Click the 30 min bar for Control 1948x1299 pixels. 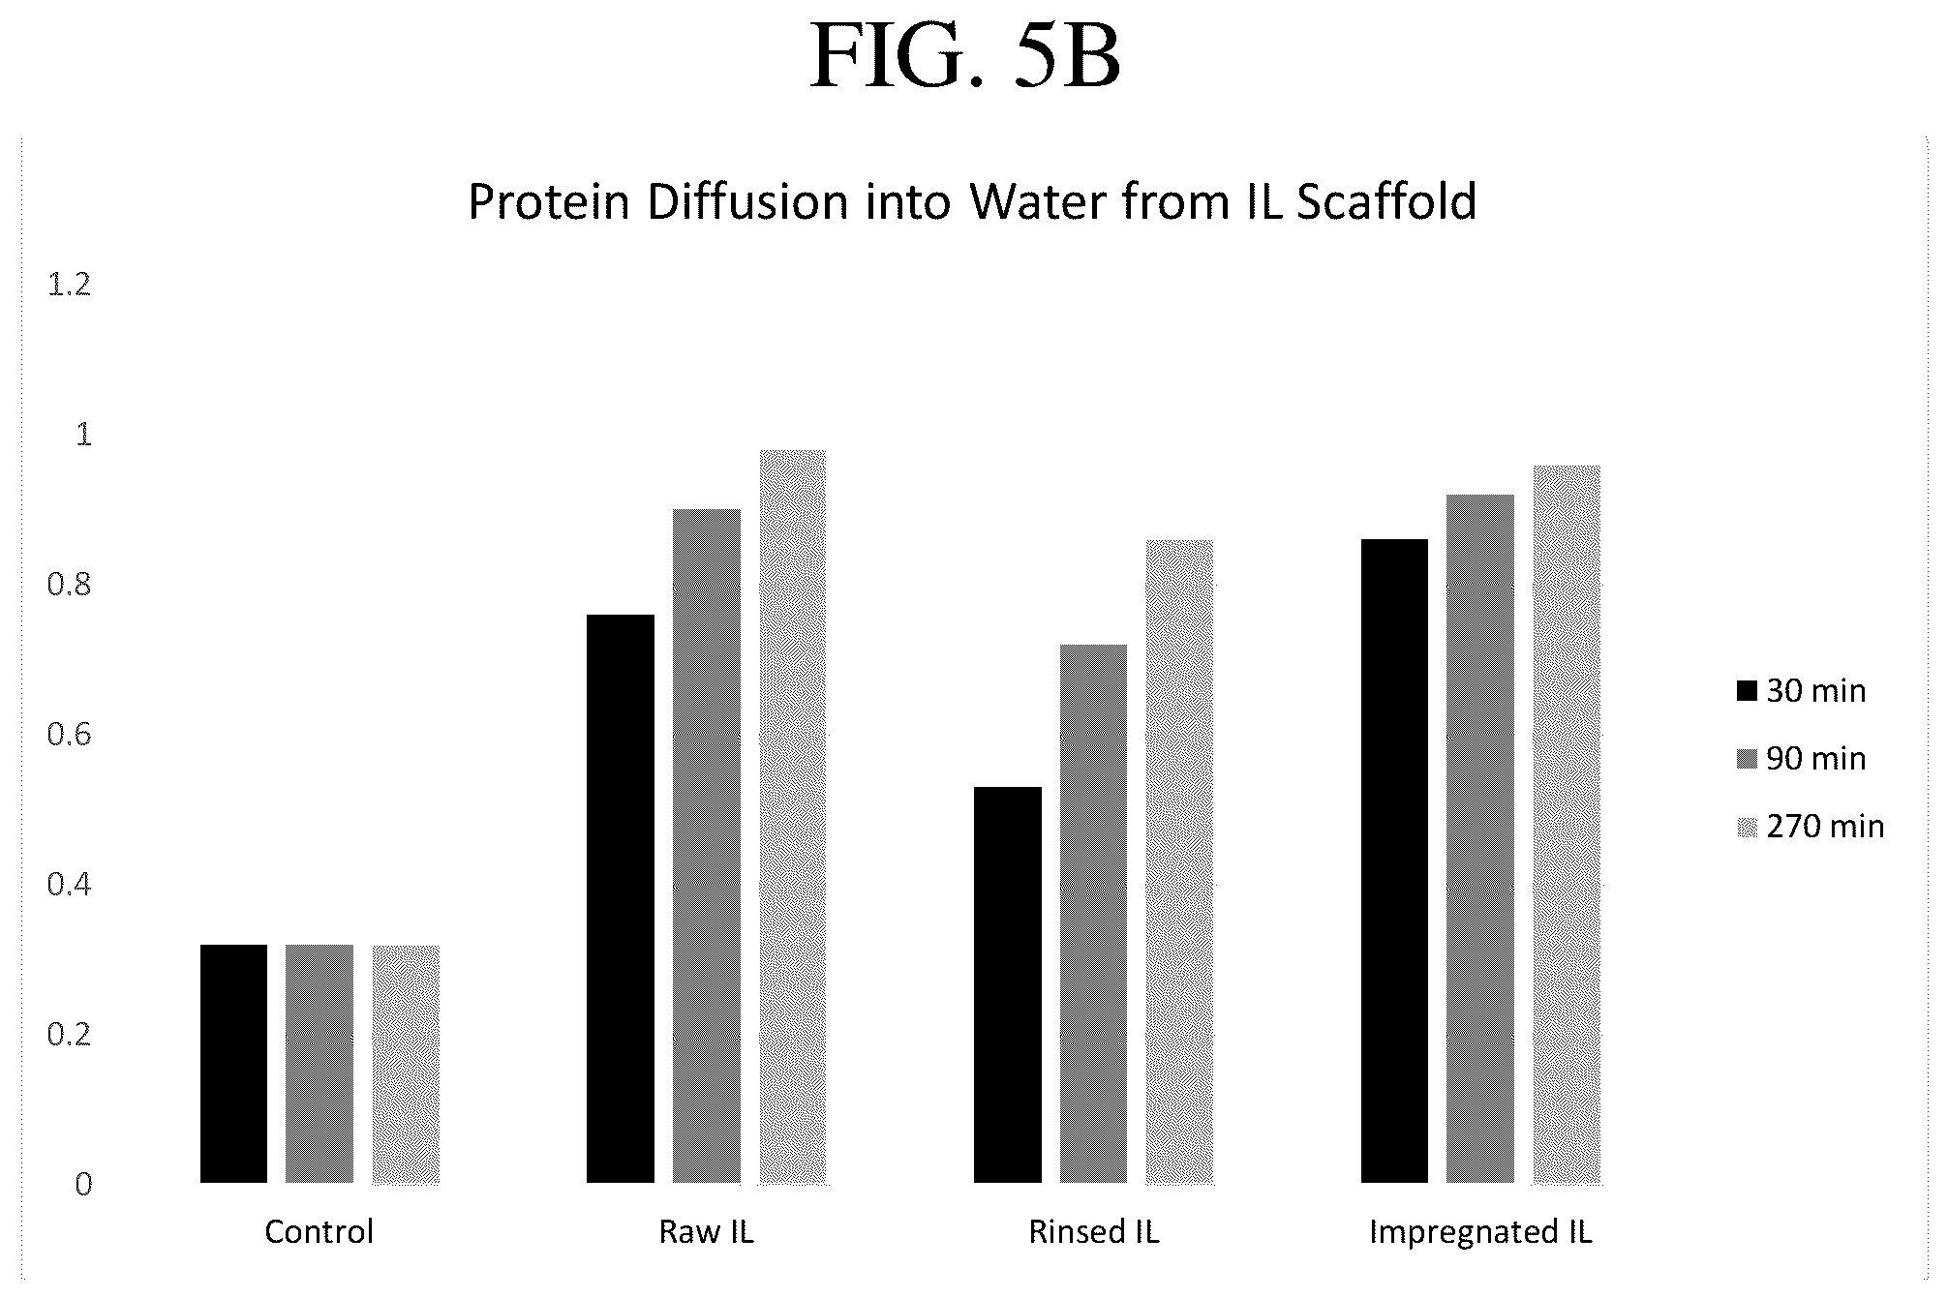[233, 1064]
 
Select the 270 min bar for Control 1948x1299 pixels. [406, 1064]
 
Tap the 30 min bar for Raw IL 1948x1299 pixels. [621, 898]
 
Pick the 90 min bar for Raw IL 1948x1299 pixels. [707, 846]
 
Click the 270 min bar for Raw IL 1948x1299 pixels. [793, 816]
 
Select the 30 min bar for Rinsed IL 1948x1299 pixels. [1008, 984]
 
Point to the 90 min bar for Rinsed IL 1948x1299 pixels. [1094, 913]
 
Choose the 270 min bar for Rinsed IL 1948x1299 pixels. [1180, 861]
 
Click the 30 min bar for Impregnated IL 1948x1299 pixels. [1394, 861]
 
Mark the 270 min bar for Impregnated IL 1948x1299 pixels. [1567, 824]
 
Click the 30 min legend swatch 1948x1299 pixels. [1747, 691]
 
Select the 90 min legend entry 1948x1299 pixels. [1801, 759]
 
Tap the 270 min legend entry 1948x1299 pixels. [1811, 827]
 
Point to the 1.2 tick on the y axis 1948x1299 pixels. [69, 285]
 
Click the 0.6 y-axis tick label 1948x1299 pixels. [69, 735]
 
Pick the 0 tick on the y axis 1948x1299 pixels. [83, 1184]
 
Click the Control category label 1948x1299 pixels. [320, 1231]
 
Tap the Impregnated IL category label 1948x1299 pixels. [1480, 1231]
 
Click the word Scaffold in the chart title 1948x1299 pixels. [1386, 201]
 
